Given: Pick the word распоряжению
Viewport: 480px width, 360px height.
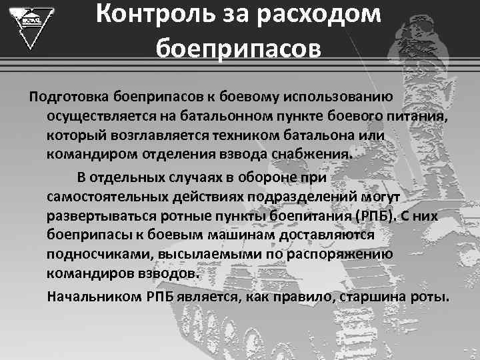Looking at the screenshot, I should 351,255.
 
